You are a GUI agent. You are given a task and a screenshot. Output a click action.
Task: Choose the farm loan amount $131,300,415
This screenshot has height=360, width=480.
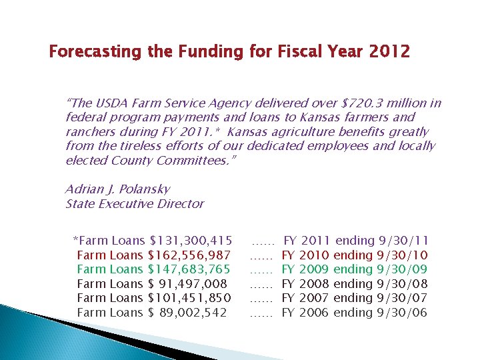coord(191,241)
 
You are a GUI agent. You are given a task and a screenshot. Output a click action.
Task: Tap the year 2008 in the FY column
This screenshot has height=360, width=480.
coord(315,284)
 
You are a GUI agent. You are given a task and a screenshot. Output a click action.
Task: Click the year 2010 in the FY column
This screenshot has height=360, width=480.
coord(315,255)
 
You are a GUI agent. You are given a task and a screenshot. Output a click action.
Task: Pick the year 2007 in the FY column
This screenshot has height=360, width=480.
coord(315,298)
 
